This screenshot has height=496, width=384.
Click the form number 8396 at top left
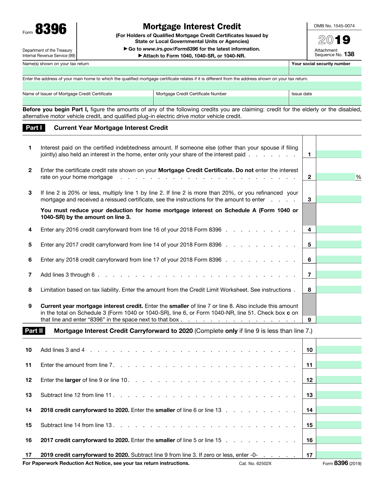(x=51, y=29)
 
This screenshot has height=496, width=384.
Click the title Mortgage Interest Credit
(x=192, y=26)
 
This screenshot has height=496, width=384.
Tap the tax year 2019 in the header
(x=334, y=40)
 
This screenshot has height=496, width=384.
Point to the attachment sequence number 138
(x=349, y=54)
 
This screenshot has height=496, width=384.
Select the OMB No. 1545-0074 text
(x=334, y=26)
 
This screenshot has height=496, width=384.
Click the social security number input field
(x=325, y=71)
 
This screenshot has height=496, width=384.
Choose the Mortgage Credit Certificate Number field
(x=221, y=101)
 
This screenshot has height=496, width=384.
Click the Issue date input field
(x=325, y=101)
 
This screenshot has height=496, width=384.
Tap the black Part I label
(x=34, y=128)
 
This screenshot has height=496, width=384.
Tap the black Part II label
(x=34, y=331)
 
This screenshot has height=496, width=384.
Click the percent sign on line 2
(x=358, y=177)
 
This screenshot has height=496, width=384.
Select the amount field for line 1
(x=339, y=154)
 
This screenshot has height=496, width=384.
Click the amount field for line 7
(x=339, y=274)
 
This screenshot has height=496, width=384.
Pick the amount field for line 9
(x=339, y=319)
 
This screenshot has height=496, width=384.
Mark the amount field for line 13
(x=339, y=395)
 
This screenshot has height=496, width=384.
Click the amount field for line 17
(x=339, y=454)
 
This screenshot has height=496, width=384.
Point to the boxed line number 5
(x=309, y=245)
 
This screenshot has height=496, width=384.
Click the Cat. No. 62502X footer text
(x=255, y=464)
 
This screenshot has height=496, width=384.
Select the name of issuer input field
(x=88, y=101)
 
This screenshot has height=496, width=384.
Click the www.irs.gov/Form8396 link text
(x=170, y=49)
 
